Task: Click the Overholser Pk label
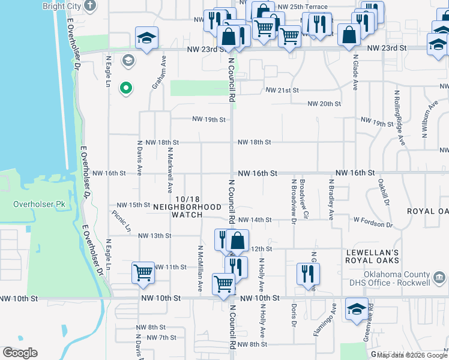[x=39, y=204]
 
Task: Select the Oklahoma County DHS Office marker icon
[x=439, y=277]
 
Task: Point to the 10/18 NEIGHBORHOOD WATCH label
[x=187, y=206]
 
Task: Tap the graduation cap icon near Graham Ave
[x=146, y=38]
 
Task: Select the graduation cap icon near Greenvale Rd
[x=357, y=308]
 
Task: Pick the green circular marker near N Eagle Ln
[x=125, y=89]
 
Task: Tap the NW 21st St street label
[x=282, y=90]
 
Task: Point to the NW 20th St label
[x=324, y=104]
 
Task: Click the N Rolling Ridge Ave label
[x=399, y=118]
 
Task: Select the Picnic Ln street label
[x=121, y=221]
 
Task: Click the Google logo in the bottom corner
[x=20, y=352]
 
